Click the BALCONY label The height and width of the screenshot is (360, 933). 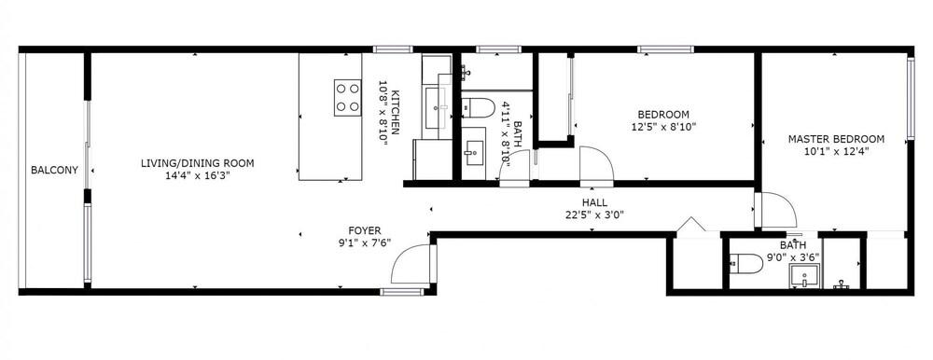[x=54, y=170]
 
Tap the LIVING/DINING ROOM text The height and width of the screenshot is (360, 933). [x=197, y=163]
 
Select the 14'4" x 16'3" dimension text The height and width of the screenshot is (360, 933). [x=198, y=175]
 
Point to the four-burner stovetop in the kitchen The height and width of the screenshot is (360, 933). [x=347, y=98]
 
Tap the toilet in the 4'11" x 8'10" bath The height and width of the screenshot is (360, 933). [x=479, y=107]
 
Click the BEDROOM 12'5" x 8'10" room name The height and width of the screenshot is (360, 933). [x=663, y=114]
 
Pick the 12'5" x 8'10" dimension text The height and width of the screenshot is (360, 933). [x=663, y=127]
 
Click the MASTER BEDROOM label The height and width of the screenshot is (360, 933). [x=836, y=139]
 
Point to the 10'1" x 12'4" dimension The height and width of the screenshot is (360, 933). [x=836, y=151]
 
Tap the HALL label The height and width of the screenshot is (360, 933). [x=594, y=203]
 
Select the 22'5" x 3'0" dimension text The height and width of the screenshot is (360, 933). [x=594, y=215]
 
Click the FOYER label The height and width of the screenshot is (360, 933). [x=365, y=231]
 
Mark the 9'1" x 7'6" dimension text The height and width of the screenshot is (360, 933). [x=365, y=242]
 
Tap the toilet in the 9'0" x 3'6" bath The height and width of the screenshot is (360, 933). [x=746, y=264]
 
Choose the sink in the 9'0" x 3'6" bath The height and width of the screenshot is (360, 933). [x=804, y=276]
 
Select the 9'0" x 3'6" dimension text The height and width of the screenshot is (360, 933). [x=792, y=257]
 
